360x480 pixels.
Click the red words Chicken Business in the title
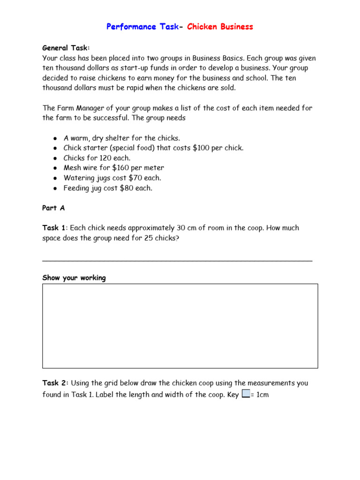pyautogui.click(x=220, y=27)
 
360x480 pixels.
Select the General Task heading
pyautogui.click(x=66, y=48)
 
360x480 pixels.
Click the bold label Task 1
pyautogui.click(x=54, y=228)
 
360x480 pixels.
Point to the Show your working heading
pyautogui.click(x=74, y=277)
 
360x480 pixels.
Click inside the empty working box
pyautogui.click(x=180, y=326)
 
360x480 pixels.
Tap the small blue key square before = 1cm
pyautogui.click(x=246, y=394)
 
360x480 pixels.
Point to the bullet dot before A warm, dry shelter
pyautogui.click(x=55, y=138)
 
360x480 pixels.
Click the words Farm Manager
pyautogui.click(x=81, y=108)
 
